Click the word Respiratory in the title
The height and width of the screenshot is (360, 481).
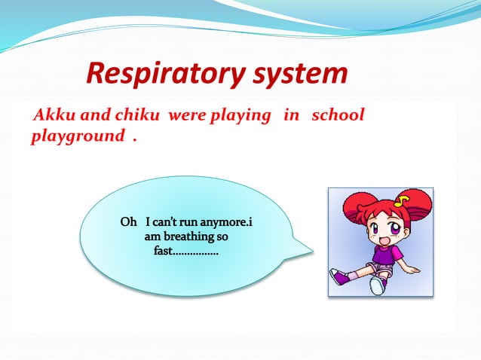click(x=163, y=75)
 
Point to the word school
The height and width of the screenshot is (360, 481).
click(x=338, y=115)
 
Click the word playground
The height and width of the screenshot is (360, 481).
click(x=77, y=137)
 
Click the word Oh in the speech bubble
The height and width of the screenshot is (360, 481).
click(x=129, y=223)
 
